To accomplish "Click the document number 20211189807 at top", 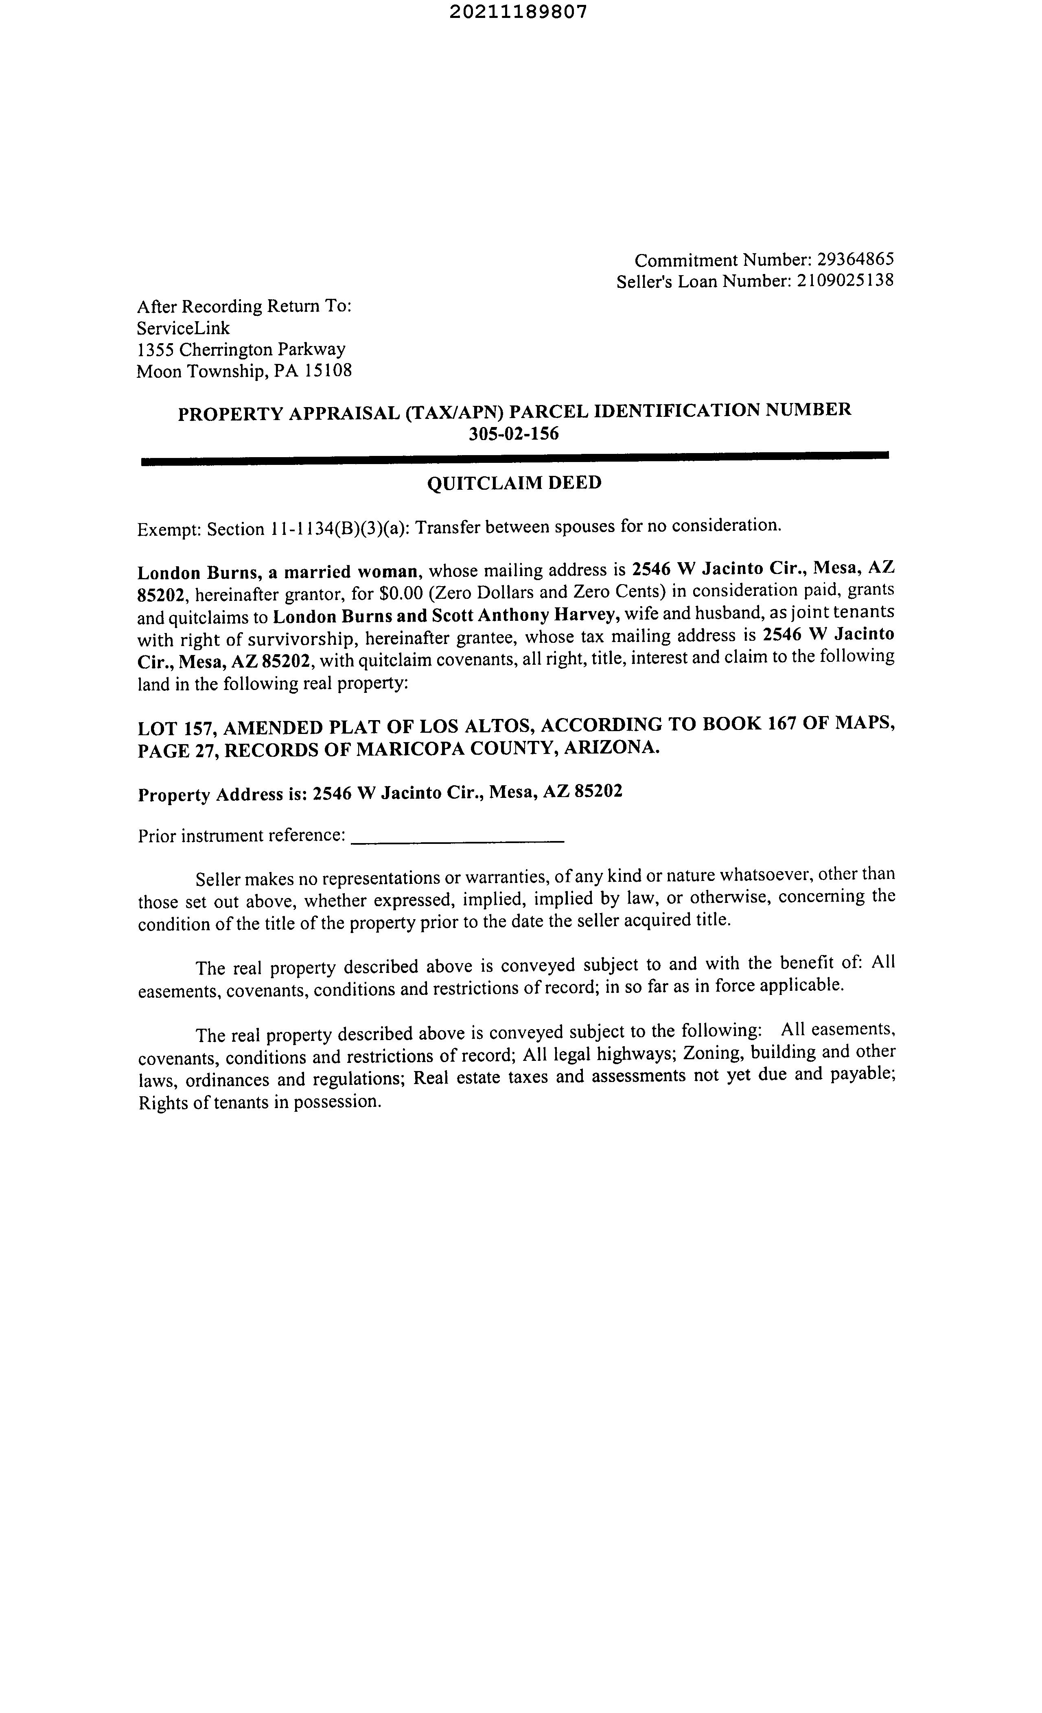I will click(518, 12).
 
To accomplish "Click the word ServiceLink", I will click(183, 328).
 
